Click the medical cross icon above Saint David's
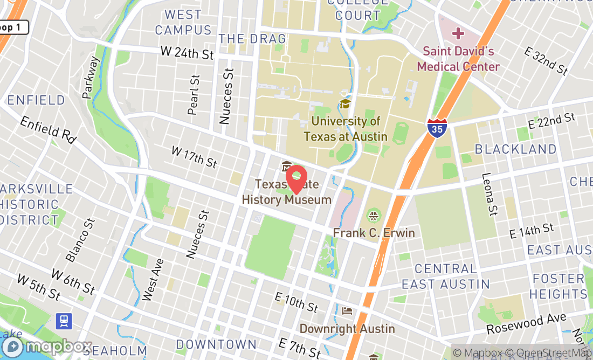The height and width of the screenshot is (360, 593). pos(458,34)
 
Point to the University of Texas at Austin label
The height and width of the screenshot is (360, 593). pos(346,129)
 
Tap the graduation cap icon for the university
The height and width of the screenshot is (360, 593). pos(344,103)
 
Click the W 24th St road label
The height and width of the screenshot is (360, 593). pos(187,53)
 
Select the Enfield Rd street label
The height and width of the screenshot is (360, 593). pos(48,129)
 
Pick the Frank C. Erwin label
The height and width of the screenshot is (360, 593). pos(374,233)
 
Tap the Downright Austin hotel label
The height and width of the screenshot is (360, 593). pos(347,328)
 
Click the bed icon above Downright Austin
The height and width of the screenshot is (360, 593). pos(348,311)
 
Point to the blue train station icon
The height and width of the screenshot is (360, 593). pos(64,321)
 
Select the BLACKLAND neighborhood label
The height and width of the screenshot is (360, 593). pos(515,149)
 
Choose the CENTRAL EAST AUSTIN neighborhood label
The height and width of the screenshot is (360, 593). pos(446,276)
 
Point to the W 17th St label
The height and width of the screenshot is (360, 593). pos(194,156)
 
